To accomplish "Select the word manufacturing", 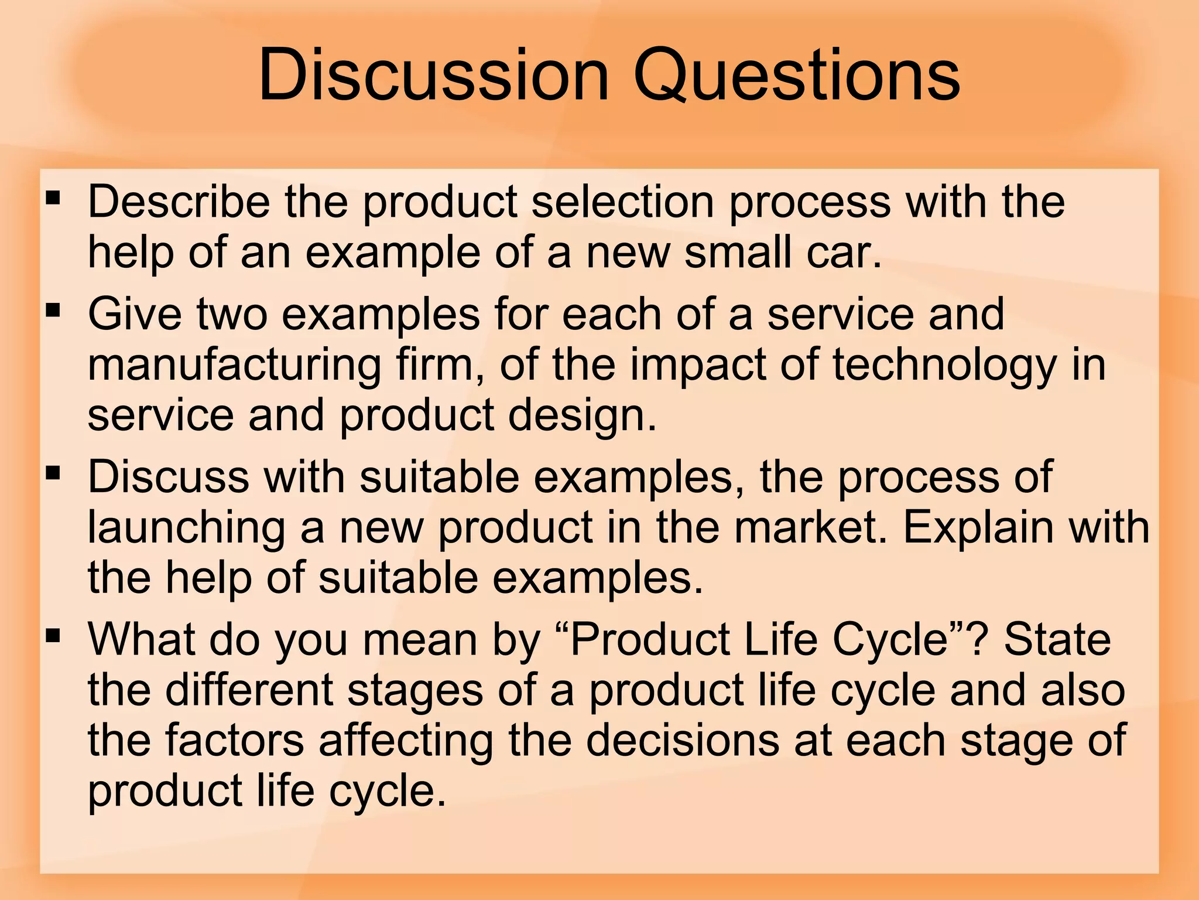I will coord(234,366).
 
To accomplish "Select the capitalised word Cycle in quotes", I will coord(899,640).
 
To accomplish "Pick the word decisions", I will coord(683,740).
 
